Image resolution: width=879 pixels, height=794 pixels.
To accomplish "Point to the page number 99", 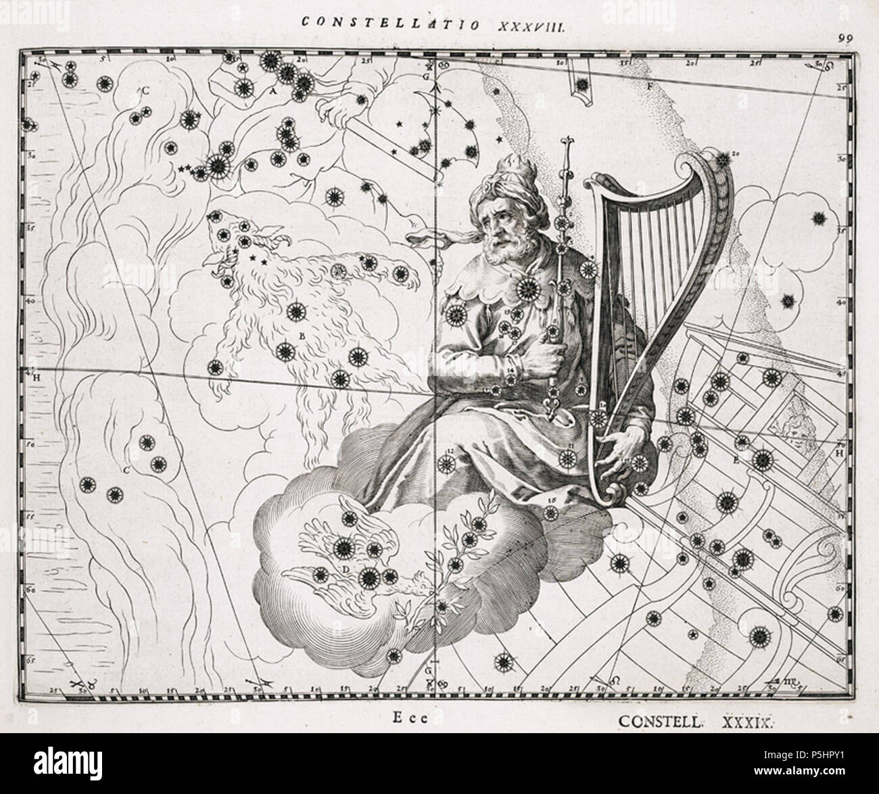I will (x=843, y=39).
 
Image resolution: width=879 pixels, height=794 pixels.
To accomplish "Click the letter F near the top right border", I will (x=649, y=87).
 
